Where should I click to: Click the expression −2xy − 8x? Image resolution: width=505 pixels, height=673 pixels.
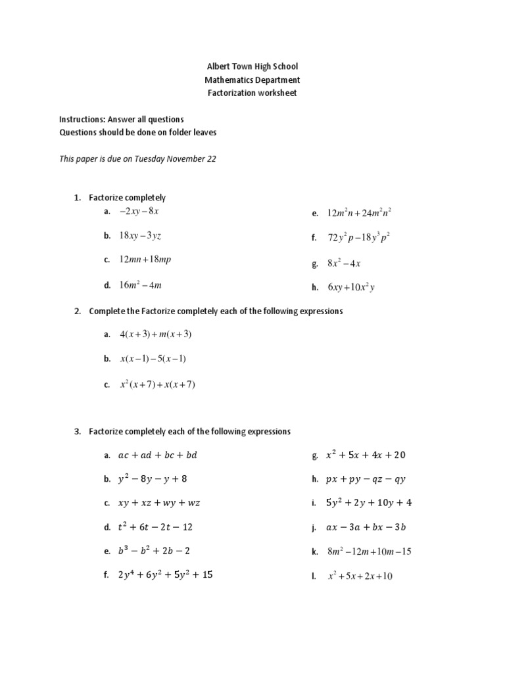(x=139, y=211)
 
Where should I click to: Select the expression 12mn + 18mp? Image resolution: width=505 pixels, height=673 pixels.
(x=145, y=260)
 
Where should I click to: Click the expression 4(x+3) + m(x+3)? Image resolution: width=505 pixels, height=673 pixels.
(x=155, y=335)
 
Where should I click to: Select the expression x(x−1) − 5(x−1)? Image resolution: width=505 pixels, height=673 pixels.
(x=153, y=360)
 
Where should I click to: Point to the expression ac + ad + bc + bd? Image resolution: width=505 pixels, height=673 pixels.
(x=157, y=455)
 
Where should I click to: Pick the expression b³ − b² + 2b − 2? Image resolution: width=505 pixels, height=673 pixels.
(x=155, y=551)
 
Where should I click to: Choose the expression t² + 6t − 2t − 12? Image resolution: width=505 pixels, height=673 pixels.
(x=155, y=527)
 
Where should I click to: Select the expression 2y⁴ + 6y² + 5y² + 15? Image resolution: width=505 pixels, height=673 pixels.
(x=165, y=575)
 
